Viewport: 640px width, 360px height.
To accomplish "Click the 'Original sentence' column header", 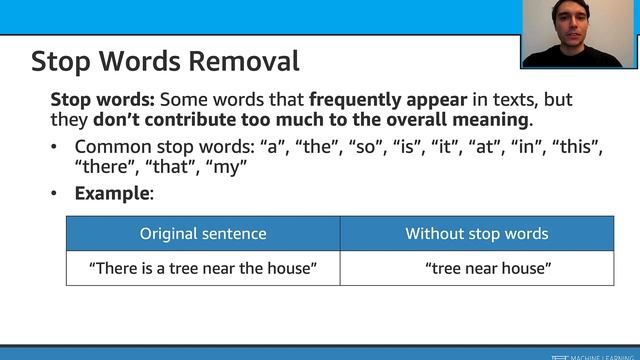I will tap(203, 234).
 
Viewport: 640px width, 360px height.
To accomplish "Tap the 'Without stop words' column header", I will tap(476, 234).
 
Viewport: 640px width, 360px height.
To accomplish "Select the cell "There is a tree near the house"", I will tap(203, 268).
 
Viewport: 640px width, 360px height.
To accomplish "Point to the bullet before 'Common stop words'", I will tap(55, 147).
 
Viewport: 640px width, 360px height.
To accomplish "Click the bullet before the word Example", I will tap(55, 193).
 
